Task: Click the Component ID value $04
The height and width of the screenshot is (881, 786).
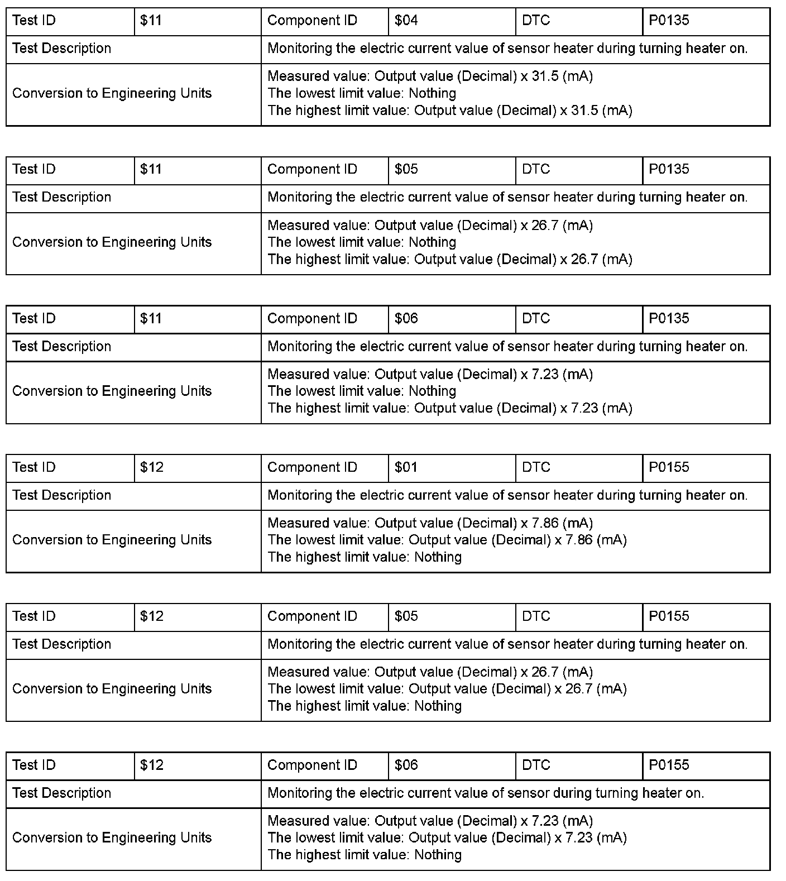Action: click(x=406, y=21)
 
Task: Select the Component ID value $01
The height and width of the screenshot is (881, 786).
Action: click(x=406, y=467)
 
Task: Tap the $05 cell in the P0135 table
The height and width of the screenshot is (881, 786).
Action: click(x=406, y=169)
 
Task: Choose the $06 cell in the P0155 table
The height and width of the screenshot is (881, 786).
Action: click(x=406, y=765)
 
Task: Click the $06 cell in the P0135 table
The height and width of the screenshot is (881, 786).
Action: click(x=406, y=318)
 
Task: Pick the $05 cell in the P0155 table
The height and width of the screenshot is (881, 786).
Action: click(x=406, y=616)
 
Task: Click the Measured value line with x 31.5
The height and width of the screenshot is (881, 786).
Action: click(x=430, y=76)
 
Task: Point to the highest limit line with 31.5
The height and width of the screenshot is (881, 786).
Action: click(x=449, y=111)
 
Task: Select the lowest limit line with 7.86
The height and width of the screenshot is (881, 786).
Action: click(x=447, y=540)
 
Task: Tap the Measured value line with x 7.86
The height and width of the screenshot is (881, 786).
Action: click(x=430, y=523)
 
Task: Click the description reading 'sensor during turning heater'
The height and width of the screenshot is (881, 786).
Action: click(x=486, y=793)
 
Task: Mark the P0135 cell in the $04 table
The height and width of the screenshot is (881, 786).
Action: click(x=669, y=21)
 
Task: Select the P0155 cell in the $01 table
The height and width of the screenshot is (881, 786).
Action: click(x=669, y=467)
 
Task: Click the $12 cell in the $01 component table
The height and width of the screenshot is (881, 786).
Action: click(x=152, y=467)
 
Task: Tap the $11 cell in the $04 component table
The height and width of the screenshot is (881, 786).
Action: click(x=151, y=21)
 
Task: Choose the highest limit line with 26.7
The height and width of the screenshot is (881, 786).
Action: click(x=449, y=260)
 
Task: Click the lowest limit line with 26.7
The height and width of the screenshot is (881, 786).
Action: click(x=447, y=689)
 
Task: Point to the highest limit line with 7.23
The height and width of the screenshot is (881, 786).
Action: click(x=449, y=408)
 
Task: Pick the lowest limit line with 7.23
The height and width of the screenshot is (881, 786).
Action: click(x=447, y=837)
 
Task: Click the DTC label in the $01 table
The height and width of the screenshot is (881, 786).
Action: click(x=536, y=467)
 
